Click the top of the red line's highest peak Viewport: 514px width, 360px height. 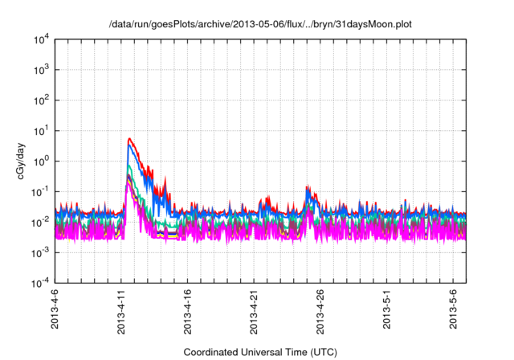pos(129,138)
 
